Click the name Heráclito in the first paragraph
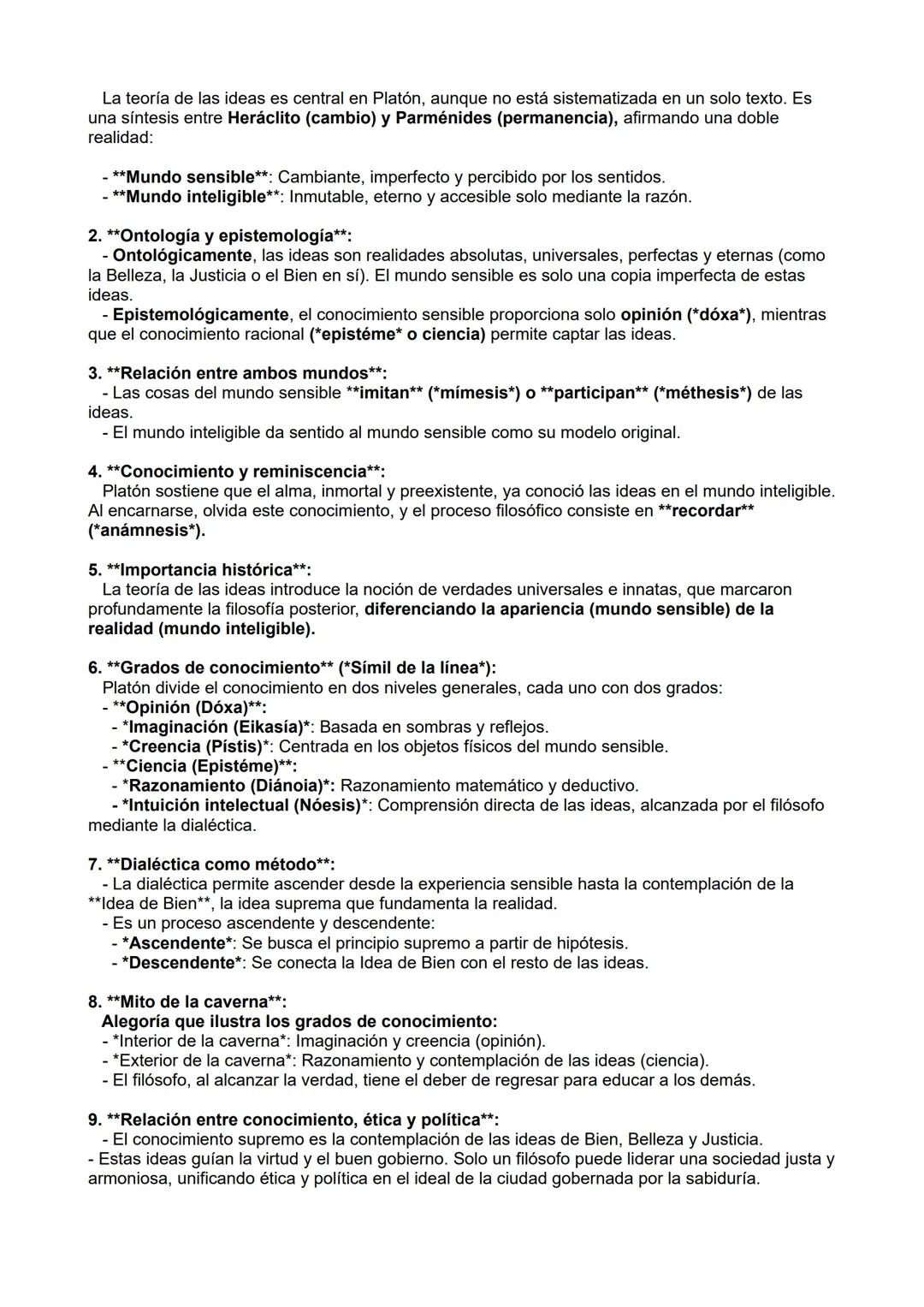click(x=264, y=118)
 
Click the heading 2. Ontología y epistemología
click(x=220, y=235)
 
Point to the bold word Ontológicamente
click(x=182, y=255)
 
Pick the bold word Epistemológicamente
click(x=200, y=314)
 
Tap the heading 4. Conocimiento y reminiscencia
click(x=236, y=472)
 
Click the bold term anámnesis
click(x=145, y=531)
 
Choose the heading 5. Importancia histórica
click(x=199, y=570)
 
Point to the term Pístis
click(x=232, y=746)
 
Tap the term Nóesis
click(x=327, y=805)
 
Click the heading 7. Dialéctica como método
click(x=211, y=864)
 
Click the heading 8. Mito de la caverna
click(x=187, y=1001)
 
